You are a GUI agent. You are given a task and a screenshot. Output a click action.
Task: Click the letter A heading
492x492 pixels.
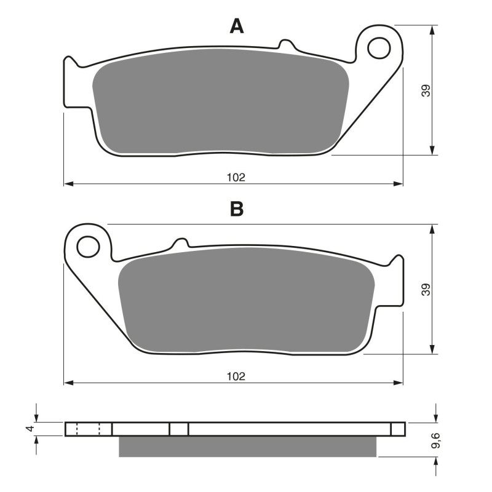point(237,26)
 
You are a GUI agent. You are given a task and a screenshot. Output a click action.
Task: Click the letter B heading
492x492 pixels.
point(237,210)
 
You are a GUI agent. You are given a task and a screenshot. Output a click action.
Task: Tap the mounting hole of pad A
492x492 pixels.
point(381,47)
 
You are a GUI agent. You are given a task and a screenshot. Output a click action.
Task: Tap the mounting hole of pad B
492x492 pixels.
point(87,247)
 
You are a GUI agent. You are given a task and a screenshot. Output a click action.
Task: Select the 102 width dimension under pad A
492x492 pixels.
point(236,177)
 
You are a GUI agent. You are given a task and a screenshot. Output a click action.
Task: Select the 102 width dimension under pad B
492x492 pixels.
point(236,376)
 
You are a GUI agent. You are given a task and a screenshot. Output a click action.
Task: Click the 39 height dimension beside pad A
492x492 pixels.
point(426,90)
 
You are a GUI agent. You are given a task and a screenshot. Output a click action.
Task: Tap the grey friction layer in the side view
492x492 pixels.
point(247,446)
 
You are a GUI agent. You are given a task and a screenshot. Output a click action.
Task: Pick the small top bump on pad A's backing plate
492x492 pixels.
point(285,44)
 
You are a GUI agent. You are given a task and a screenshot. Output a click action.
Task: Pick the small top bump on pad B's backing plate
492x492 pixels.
point(180,242)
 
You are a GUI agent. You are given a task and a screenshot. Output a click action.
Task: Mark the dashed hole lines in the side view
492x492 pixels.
point(87,429)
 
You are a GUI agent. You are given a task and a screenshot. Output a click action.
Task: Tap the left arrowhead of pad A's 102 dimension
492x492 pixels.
point(68,183)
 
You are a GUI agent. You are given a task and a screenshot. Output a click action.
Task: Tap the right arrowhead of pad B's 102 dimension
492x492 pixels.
point(399,383)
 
